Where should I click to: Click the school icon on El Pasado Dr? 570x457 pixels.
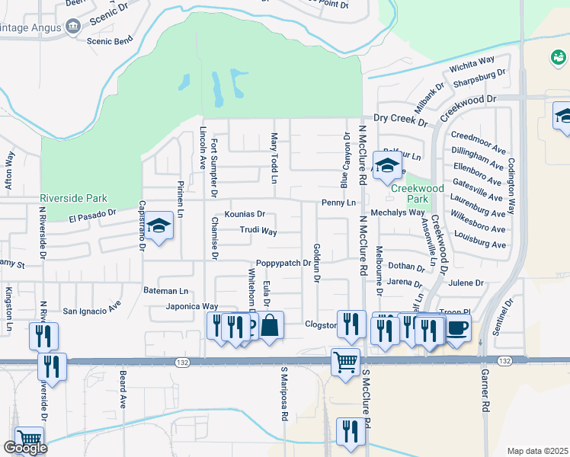159,225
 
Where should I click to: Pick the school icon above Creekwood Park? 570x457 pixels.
387,164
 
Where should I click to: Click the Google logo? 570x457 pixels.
26,448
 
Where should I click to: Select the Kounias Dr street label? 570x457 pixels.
244,214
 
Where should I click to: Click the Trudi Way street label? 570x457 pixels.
258,230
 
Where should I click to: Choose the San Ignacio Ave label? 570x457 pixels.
91,311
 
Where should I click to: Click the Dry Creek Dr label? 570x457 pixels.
401,119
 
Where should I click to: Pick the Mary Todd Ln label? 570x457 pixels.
274,158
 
